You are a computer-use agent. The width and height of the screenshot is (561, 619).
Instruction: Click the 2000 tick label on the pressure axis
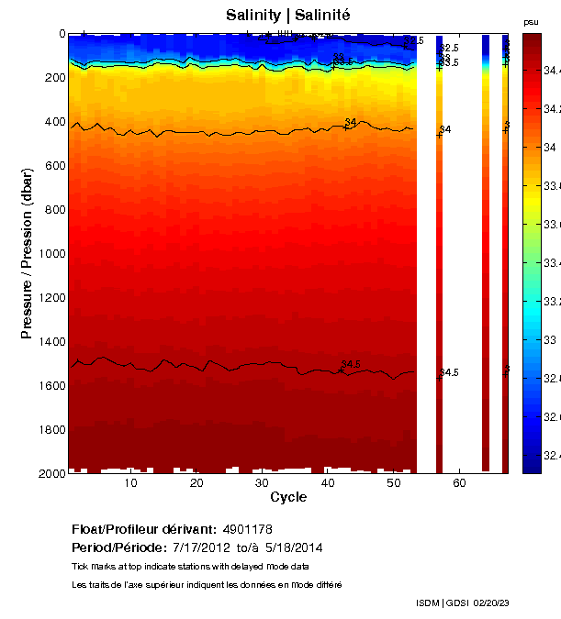(x=50, y=473)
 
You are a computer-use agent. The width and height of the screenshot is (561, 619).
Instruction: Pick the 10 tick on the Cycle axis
(x=130, y=483)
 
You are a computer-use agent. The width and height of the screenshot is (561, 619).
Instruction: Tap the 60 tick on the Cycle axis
(x=459, y=483)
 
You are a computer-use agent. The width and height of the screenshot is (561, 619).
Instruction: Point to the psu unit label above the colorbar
(x=531, y=21)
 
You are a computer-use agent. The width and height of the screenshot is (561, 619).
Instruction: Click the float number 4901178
(x=247, y=530)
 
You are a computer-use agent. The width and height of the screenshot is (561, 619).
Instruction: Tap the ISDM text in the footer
(x=428, y=602)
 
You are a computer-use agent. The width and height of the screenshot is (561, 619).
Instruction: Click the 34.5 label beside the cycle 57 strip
(x=449, y=373)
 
